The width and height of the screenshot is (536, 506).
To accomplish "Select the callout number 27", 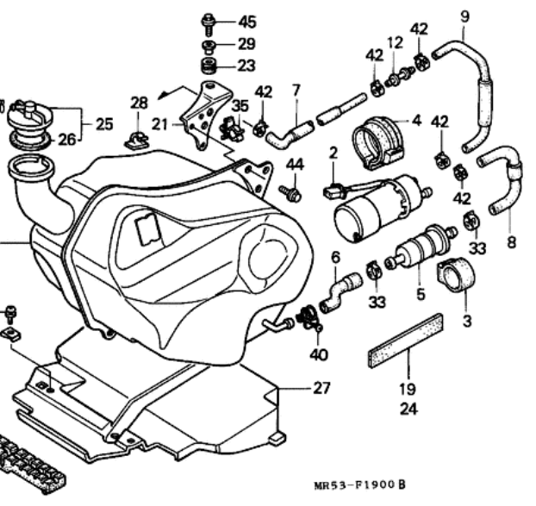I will click(321, 388).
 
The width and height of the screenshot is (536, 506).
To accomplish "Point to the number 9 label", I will click(465, 16).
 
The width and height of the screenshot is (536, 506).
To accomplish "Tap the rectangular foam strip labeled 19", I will click(404, 340).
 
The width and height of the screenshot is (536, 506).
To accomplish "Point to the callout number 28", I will click(139, 103).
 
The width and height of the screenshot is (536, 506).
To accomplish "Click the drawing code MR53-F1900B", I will click(361, 487).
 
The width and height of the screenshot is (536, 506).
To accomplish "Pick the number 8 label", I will click(511, 242).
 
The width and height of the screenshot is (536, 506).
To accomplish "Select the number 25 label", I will click(103, 123).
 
